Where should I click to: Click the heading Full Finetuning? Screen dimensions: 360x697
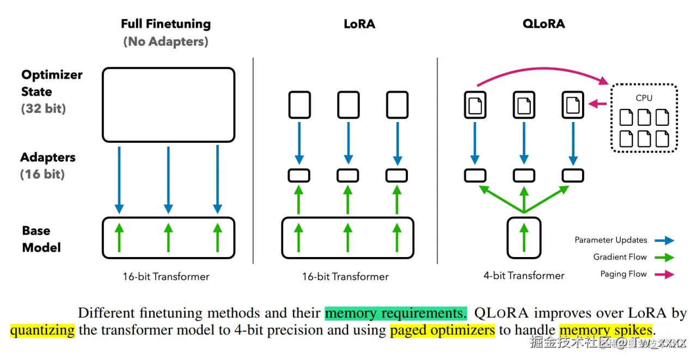(x=166, y=24)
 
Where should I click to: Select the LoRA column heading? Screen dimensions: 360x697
(x=359, y=24)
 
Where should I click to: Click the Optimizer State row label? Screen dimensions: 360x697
(x=52, y=83)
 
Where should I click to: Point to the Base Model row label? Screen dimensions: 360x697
(x=41, y=239)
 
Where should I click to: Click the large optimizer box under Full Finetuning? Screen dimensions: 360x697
(x=168, y=105)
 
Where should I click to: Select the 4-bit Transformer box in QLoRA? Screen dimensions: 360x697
(x=524, y=237)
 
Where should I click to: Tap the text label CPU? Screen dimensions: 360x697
(x=644, y=98)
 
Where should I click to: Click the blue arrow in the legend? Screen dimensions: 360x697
(x=665, y=240)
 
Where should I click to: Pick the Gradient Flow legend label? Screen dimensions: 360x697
(x=620, y=257)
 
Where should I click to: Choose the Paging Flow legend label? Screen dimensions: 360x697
(x=623, y=274)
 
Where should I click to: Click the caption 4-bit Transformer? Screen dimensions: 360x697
(x=524, y=276)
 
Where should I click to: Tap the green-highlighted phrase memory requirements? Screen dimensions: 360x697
(x=395, y=313)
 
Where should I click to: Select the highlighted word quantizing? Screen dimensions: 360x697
(x=42, y=330)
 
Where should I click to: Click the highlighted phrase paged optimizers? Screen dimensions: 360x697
(x=442, y=330)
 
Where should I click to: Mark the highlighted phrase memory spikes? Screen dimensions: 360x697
(x=605, y=330)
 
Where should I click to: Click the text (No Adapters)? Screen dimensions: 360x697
(x=166, y=41)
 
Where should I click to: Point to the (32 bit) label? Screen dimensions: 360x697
(x=44, y=108)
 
